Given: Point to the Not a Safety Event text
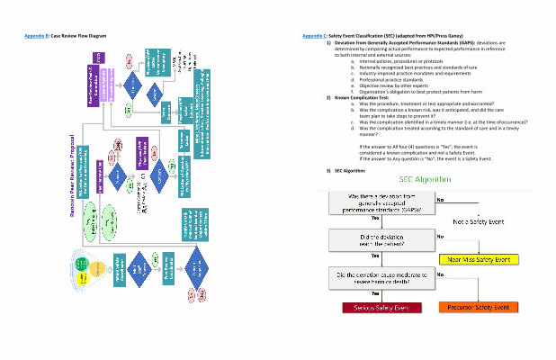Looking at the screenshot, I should tap(477, 220).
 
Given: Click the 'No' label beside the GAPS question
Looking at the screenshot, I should tap(441, 200).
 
